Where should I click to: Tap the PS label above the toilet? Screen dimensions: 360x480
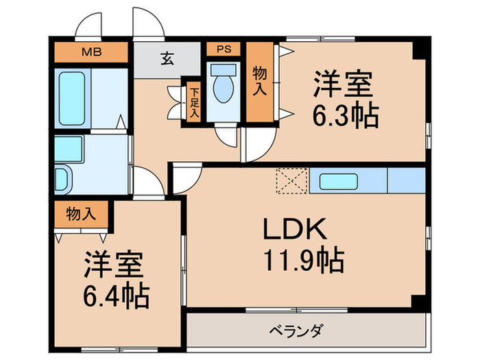(224, 49)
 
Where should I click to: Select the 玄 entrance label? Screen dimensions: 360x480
(168, 58)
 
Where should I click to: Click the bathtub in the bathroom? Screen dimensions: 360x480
(72, 97)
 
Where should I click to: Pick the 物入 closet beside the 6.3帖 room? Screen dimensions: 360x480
(259, 82)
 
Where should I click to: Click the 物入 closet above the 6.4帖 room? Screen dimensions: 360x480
(81, 214)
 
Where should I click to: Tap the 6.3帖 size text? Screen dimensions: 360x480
(346, 116)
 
